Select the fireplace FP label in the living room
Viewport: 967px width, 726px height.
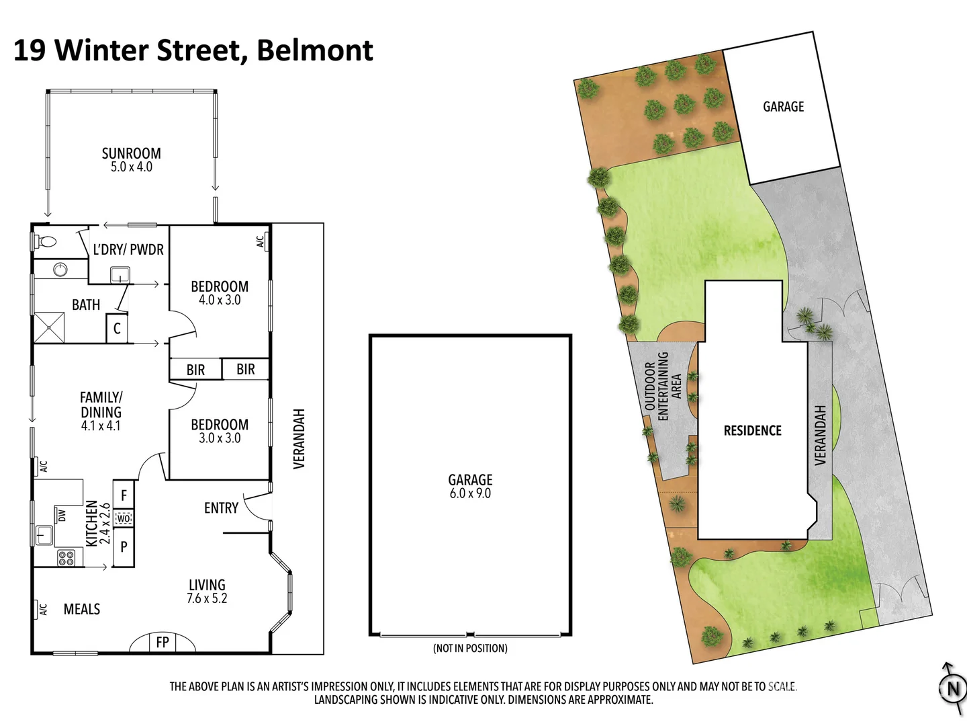click(x=162, y=643)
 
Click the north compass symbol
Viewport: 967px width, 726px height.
click(x=952, y=688)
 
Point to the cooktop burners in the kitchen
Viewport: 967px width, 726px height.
click(x=66, y=557)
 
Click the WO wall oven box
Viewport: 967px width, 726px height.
click(x=124, y=518)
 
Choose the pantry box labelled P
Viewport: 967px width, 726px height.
click(x=124, y=547)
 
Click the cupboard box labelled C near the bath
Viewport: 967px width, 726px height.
click(x=117, y=329)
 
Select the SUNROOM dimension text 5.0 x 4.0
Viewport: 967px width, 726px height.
click(x=132, y=167)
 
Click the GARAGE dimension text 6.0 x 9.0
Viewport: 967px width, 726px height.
click(x=470, y=493)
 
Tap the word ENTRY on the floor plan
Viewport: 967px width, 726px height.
click(x=221, y=508)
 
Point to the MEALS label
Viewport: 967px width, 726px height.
click(x=82, y=609)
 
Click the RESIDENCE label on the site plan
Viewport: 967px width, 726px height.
click(x=752, y=430)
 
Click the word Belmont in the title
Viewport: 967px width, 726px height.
click(x=315, y=50)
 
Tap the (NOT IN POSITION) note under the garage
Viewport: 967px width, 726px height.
click(x=470, y=648)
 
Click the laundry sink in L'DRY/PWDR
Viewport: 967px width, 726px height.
click(x=120, y=274)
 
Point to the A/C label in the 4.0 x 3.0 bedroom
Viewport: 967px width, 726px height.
click(x=261, y=241)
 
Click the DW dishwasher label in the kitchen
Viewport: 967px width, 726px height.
click(x=62, y=516)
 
